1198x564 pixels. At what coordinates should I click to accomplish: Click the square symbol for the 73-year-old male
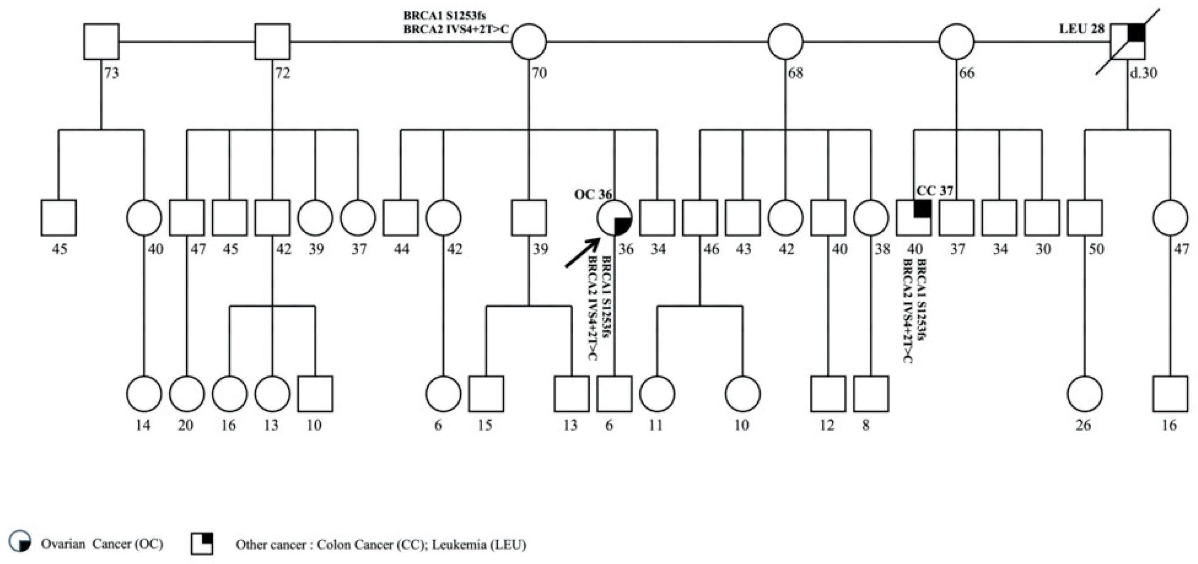pyautogui.click(x=101, y=42)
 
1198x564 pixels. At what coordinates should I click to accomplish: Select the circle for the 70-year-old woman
pyautogui.click(x=529, y=42)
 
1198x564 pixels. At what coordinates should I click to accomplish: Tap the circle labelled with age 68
pyautogui.click(x=786, y=42)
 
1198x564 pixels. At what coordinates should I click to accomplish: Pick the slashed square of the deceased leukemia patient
pyautogui.click(x=1128, y=42)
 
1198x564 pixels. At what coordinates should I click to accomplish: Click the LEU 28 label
pyautogui.click(x=1081, y=29)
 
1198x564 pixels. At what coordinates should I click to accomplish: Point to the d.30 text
pyautogui.click(x=1143, y=73)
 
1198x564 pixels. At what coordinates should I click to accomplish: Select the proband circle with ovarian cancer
pyautogui.click(x=614, y=218)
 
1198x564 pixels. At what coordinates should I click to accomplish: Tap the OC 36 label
pyautogui.click(x=592, y=194)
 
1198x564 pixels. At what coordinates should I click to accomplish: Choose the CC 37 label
pyautogui.click(x=935, y=191)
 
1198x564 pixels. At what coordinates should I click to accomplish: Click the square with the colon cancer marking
pyautogui.click(x=914, y=218)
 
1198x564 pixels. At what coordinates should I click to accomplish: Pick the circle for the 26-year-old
pyautogui.click(x=1084, y=394)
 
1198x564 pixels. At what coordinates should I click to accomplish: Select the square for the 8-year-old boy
pyautogui.click(x=871, y=394)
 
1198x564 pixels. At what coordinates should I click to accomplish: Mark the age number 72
pyautogui.click(x=283, y=73)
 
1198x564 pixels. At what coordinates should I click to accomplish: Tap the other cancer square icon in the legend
pyautogui.click(x=202, y=543)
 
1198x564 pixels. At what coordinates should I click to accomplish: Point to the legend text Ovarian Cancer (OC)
pyautogui.click(x=102, y=544)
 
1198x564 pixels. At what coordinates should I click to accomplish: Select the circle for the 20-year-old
pyautogui.click(x=186, y=394)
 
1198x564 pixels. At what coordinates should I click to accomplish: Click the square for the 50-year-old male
pyautogui.click(x=1084, y=218)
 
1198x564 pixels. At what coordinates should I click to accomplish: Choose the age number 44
pyautogui.click(x=401, y=249)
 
